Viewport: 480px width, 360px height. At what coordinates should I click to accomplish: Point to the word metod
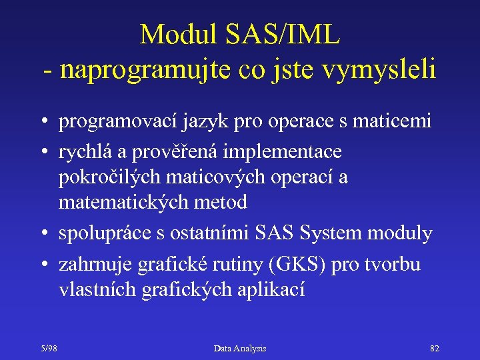[x=223, y=201]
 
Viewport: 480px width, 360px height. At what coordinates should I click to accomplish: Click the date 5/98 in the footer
[x=47, y=349]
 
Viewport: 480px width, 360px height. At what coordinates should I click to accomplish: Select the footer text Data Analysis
[x=240, y=349]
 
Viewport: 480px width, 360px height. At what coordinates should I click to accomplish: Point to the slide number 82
[x=435, y=349]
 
